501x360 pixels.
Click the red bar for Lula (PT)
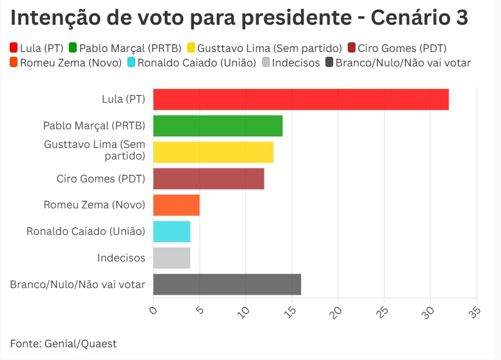point(301,100)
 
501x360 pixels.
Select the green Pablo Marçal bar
point(218,126)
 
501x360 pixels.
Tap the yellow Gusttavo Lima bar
point(214,152)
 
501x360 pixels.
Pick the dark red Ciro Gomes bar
point(209,179)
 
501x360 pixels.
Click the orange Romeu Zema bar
point(176,205)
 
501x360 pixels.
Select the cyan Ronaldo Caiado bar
point(172,232)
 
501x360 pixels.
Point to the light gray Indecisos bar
point(172,258)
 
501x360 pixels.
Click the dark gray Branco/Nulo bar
point(227,284)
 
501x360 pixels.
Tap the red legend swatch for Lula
point(13,48)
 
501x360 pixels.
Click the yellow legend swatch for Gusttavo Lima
point(191,48)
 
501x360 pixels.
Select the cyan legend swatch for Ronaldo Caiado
point(131,62)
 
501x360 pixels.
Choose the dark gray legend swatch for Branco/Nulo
point(330,62)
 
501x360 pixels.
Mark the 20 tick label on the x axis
point(336,312)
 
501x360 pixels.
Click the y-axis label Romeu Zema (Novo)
point(94,205)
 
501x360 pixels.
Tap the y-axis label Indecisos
point(121,258)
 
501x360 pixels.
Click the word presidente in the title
point(296,18)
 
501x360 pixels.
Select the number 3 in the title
point(462,18)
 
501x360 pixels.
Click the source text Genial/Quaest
point(80,344)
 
